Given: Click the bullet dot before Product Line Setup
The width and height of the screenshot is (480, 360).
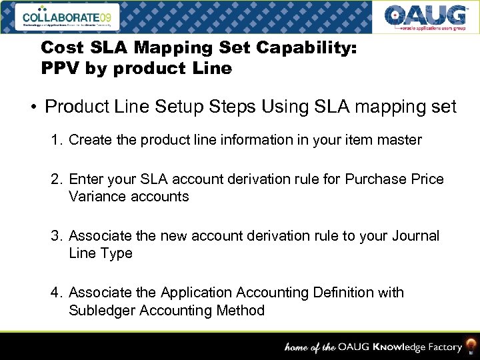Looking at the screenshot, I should pyautogui.click(x=31, y=107).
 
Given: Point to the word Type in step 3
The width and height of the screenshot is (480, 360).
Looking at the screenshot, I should pyautogui.click(x=117, y=253).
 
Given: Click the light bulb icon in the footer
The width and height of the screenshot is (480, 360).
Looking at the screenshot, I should pyautogui.click(x=471, y=344).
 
